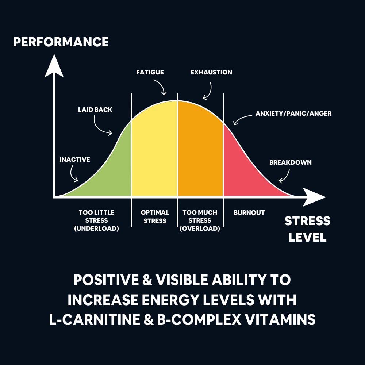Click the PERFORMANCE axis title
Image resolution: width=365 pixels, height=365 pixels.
pos(61,42)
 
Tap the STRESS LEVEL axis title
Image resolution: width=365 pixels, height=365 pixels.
pos(307,229)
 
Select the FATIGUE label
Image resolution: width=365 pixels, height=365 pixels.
pos(150,72)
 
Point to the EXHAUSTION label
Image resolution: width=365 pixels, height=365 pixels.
pos(211,72)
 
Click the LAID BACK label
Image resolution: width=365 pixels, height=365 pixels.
pos(95,109)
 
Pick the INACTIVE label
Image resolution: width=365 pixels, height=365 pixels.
pos(75,160)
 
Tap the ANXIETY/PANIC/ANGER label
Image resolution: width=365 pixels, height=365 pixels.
pos(293,114)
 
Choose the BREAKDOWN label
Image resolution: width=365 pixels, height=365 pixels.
pos(290,162)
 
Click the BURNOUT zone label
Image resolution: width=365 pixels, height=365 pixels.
pos(249,212)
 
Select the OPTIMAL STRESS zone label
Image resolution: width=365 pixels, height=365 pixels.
pos(155,216)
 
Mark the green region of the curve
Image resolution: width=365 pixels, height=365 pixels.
pos(109,172)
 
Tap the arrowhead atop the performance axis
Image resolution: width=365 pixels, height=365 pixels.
pos(54,66)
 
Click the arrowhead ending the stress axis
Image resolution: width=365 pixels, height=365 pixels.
pos(314,197)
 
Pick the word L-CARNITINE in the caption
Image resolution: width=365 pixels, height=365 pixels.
pos(95,319)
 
